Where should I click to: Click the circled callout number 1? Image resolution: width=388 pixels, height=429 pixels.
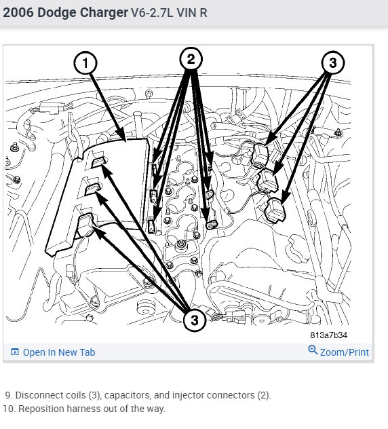(85, 63)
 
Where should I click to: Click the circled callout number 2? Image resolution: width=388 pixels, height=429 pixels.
(191, 59)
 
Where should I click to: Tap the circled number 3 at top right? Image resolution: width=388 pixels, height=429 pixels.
(333, 62)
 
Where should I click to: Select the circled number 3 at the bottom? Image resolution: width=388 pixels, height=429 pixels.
(195, 320)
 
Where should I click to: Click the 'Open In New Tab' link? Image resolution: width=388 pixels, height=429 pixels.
(59, 352)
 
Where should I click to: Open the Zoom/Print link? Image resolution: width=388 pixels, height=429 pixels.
(345, 352)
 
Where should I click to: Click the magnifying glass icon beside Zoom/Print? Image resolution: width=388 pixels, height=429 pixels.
(313, 350)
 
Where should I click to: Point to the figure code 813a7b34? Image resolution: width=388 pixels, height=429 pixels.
(329, 335)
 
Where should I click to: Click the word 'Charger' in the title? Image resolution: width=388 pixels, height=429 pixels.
(102, 13)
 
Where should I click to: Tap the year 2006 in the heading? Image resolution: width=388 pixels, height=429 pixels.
(18, 13)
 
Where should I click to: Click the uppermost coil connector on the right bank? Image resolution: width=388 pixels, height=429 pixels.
(261, 154)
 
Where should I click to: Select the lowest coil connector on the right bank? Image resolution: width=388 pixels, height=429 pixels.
(275, 210)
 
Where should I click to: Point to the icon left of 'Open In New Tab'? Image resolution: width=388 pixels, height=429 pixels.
(15, 352)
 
